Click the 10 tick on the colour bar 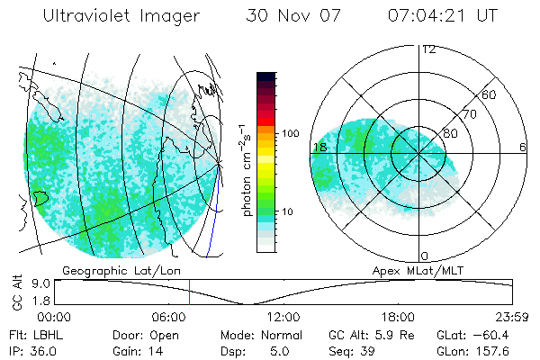(x=291, y=212)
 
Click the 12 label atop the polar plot (x=428, y=49)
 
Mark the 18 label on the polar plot (x=319, y=147)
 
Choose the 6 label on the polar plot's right (x=523, y=147)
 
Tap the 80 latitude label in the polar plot (x=450, y=133)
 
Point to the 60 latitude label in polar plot (x=490, y=94)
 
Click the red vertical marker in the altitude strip (x=190, y=292)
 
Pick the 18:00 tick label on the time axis (x=398, y=317)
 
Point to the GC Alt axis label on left (x=16, y=292)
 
